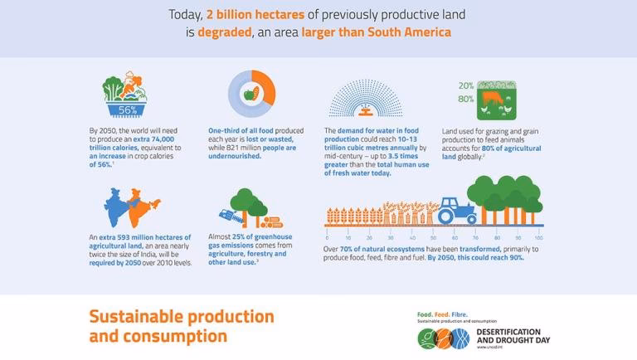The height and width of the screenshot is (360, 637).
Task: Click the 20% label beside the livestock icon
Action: point(466,85)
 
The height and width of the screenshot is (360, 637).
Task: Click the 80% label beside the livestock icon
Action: point(466,99)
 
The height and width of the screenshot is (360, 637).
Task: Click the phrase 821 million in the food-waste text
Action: point(240,148)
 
